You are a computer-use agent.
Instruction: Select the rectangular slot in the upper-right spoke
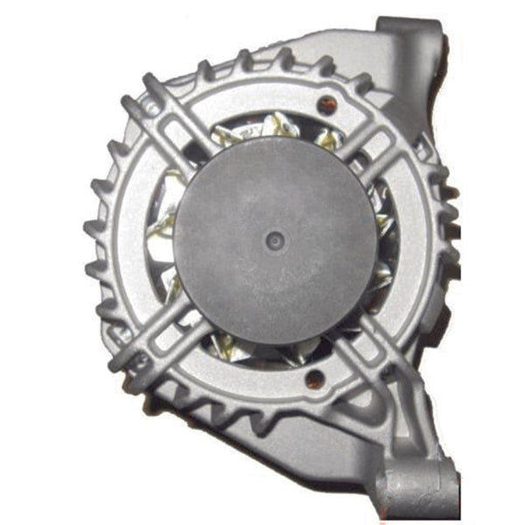[376, 136]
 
